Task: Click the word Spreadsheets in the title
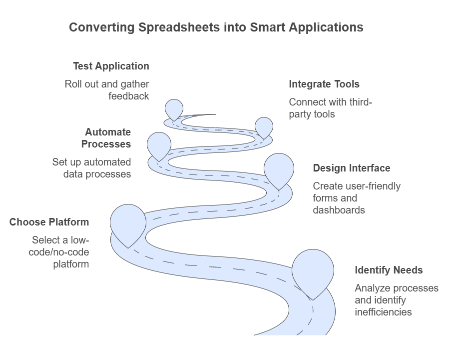point(179,27)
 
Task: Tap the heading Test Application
point(111,66)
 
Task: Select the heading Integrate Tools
point(324,84)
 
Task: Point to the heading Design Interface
point(352,168)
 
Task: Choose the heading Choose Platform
point(49,222)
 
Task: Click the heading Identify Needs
point(389,270)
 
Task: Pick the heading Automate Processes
point(106,138)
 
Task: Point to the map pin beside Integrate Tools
point(264,128)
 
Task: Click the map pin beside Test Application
point(174,109)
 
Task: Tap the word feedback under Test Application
point(129,96)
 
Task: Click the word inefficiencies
point(383,312)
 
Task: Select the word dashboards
point(339,210)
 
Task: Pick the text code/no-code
point(59,252)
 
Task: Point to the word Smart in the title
point(268,27)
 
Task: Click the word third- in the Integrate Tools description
point(361,102)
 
